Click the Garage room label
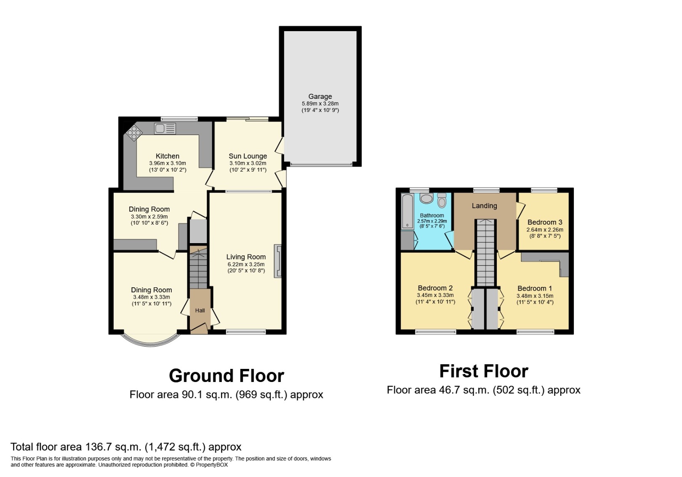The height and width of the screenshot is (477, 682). coord(320,97)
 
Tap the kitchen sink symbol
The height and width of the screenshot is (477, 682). coord(165,129)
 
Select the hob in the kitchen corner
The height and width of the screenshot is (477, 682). coord(134,133)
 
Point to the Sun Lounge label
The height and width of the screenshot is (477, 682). coord(248,156)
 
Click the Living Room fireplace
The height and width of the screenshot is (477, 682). coord(278,261)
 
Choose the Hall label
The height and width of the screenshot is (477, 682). coord(200,310)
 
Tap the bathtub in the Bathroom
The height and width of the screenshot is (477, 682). coord(407,212)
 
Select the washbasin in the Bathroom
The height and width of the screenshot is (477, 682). coord(426,199)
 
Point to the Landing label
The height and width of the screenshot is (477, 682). coord(485,206)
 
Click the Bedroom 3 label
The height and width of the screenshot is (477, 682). coord(545,223)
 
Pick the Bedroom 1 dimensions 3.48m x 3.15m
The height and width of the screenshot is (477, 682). coord(535,296)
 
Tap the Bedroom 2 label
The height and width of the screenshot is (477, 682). coord(435,288)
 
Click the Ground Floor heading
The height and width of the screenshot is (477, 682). coord(226,376)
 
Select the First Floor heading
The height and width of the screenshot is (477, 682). coord(484,371)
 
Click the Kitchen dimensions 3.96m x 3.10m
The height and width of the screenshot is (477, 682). coord(168,163)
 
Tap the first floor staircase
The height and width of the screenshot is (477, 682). coord(486,252)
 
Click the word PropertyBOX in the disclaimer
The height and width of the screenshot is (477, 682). coord(212,465)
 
